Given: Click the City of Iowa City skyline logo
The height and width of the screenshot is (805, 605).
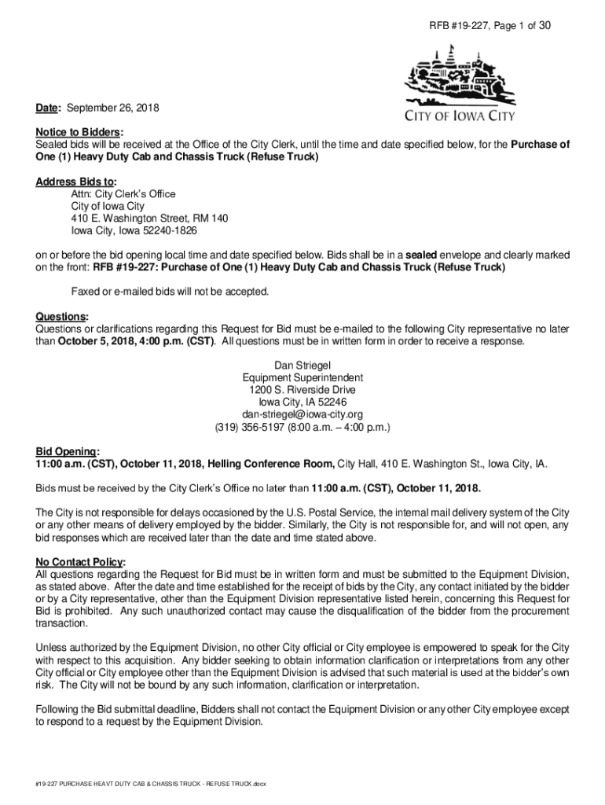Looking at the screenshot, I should click(460, 75).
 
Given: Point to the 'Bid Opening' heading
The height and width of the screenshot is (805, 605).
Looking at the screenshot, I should click(68, 451).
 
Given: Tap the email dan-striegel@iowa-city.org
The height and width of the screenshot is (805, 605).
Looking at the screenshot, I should click(302, 414).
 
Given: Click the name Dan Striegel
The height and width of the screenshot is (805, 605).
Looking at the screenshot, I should click(302, 365).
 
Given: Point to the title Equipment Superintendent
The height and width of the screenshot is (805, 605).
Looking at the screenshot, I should click(302, 377).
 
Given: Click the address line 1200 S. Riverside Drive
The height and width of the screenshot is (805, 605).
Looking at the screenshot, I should click(302, 390).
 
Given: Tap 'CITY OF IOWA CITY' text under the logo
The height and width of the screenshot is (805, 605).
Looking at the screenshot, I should click(460, 117).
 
